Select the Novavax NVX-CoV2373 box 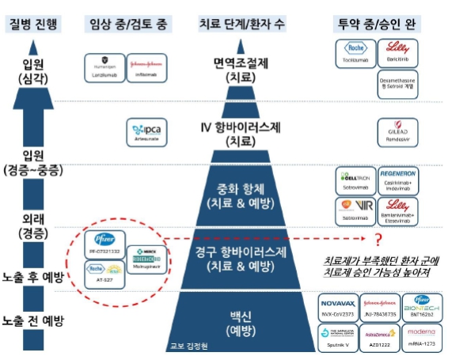click(x=340, y=305)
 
